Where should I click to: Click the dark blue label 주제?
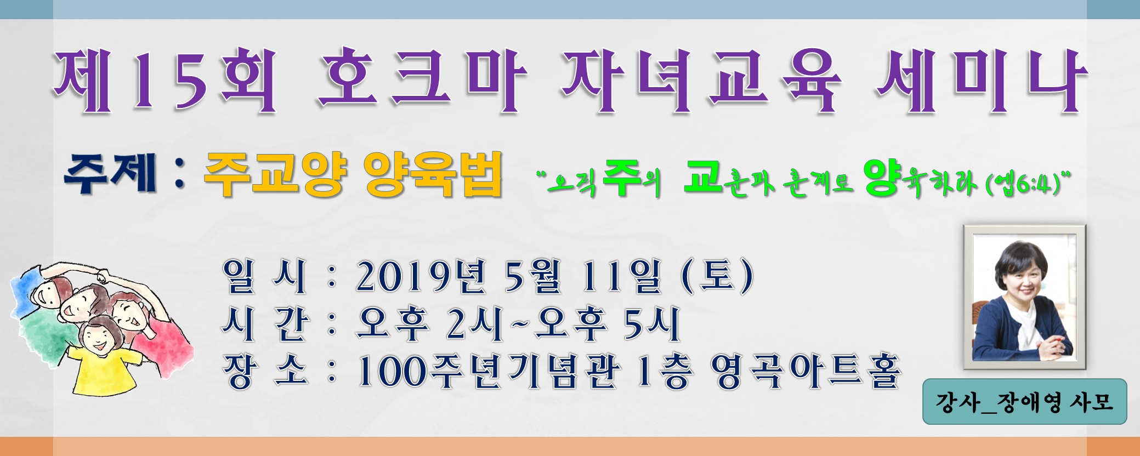pyautogui.click(x=110, y=174)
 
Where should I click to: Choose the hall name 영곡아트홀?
pyautogui.click(x=806, y=372)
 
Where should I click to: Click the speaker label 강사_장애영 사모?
pyautogui.click(x=1024, y=402)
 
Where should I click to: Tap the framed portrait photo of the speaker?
pyautogui.click(x=1024, y=297)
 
